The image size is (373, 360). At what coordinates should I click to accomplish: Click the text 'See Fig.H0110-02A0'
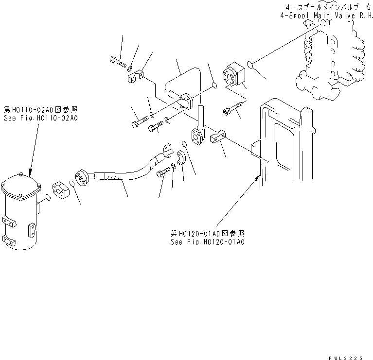tap(41, 118)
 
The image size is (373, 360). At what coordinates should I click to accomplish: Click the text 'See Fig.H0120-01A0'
tap(207, 241)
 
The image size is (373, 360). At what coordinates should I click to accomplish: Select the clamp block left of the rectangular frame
tap(216, 139)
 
